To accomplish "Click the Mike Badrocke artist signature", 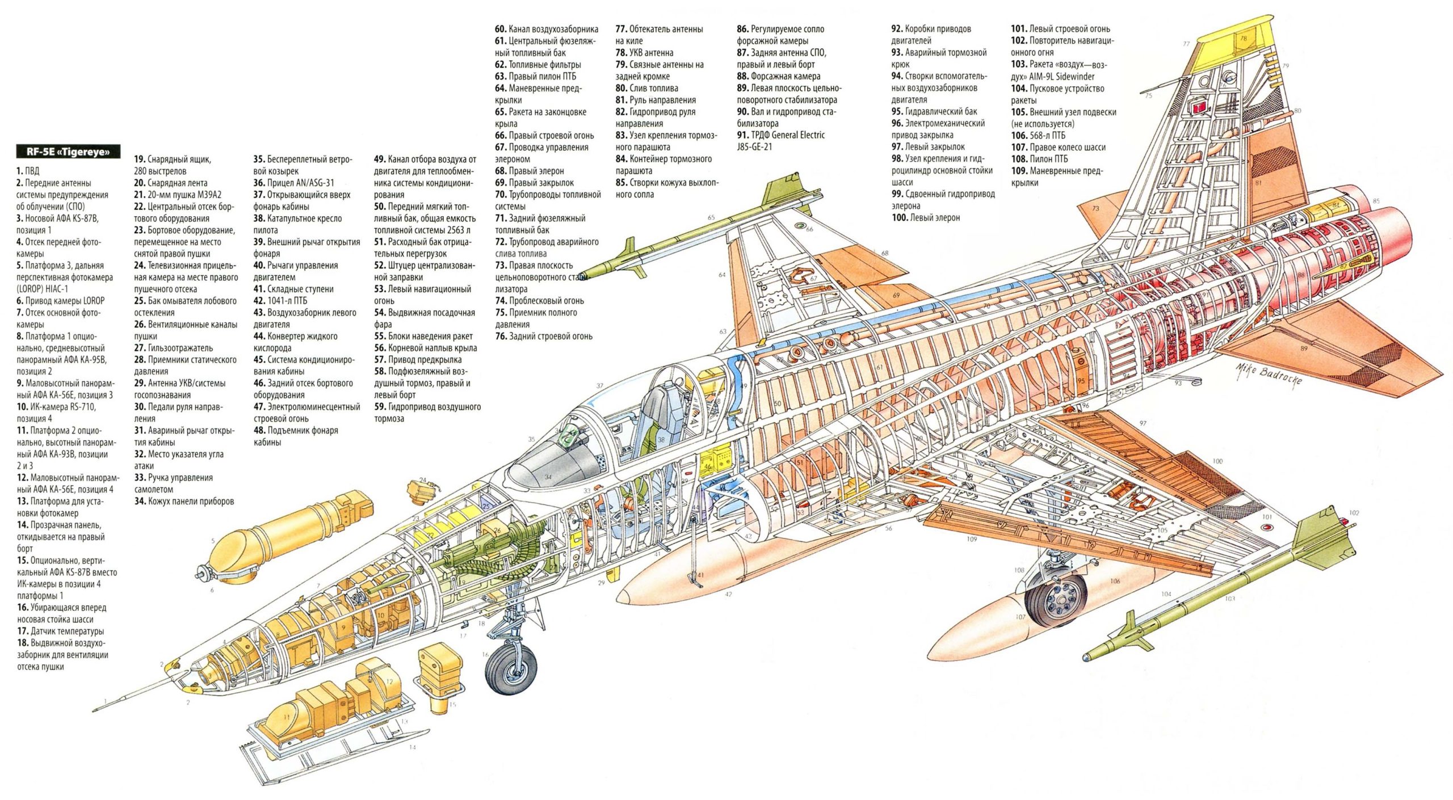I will [1269, 375].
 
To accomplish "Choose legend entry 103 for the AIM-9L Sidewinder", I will [1059, 70].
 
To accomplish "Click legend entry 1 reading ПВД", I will [28, 171].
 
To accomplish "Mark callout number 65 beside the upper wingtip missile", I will [711, 217].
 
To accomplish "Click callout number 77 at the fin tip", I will [1187, 44].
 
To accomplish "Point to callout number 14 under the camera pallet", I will [413, 747].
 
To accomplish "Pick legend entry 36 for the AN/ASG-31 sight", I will [293, 183].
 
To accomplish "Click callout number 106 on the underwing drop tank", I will [1115, 581].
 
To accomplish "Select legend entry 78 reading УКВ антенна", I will [644, 53].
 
